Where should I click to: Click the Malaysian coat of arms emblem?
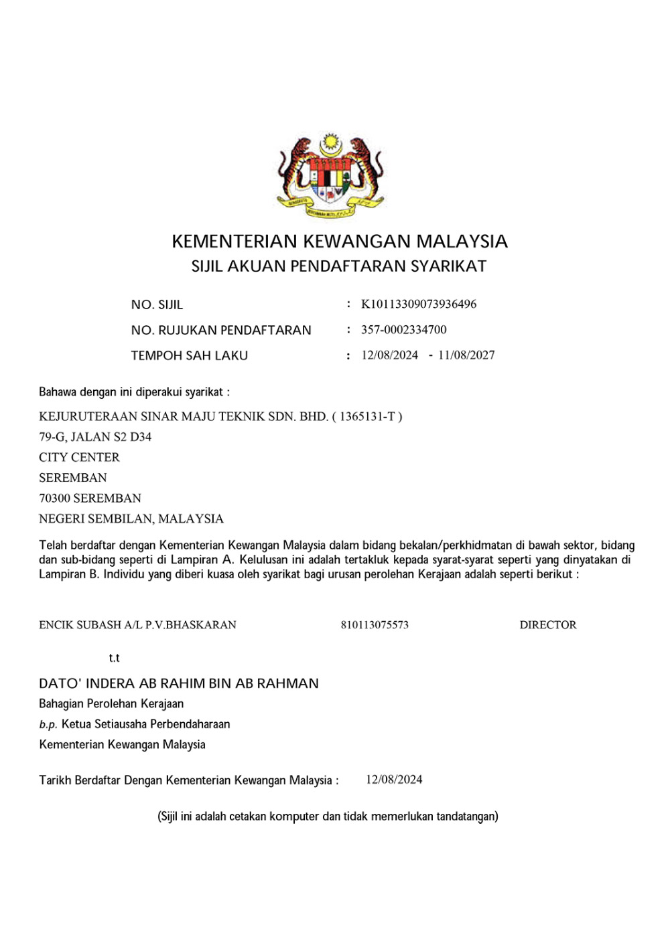click(x=330, y=176)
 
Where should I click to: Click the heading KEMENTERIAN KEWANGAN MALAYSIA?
click(x=340, y=242)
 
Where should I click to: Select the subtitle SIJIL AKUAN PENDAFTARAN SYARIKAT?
click(x=339, y=266)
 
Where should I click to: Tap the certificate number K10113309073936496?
click(x=419, y=305)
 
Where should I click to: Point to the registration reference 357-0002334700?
click(x=403, y=330)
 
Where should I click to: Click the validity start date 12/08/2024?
click(x=389, y=355)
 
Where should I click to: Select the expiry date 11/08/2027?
click(x=466, y=355)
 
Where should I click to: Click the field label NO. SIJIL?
click(x=157, y=305)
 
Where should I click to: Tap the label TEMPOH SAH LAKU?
click(x=189, y=356)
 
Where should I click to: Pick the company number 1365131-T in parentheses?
click(x=367, y=417)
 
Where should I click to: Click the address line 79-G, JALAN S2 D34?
click(x=95, y=437)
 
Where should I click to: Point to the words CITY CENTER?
click(x=79, y=458)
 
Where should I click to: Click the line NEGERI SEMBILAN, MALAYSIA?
click(x=131, y=519)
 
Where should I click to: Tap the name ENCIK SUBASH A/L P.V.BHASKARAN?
click(x=137, y=625)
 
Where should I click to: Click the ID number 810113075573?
click(x=375, y=625)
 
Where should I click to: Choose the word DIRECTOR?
click(x=547, y=625)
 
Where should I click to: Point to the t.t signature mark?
click(x=114, y=659)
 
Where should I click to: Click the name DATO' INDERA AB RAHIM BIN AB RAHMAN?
click(x=179, y=684)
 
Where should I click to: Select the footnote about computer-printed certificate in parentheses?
click(x=328, y=816)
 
